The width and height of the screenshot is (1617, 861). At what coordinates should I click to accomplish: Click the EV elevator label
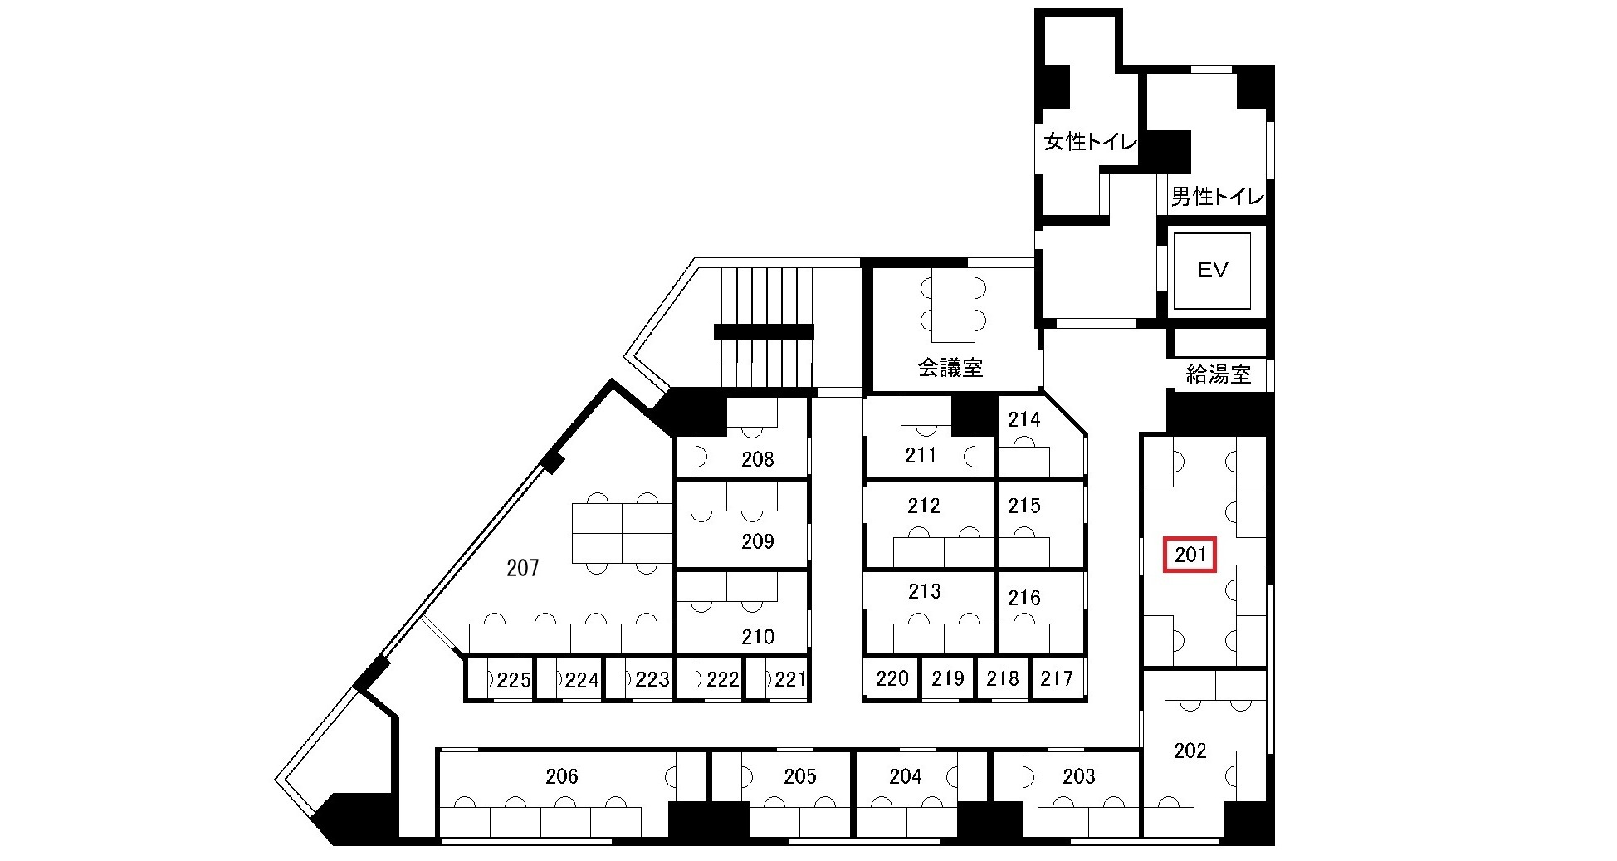point(1212,270)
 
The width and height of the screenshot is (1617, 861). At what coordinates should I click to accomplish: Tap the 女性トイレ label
point(1091,142)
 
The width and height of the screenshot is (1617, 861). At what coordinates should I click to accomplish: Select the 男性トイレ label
point(1218,197)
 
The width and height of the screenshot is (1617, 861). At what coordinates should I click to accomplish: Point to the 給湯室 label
point(1218,374)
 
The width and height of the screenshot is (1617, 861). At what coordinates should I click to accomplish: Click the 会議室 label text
point(950,368)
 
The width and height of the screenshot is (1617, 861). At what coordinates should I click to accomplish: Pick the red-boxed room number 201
point(1190,555)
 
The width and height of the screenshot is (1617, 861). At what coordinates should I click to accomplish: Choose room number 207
point(523,568)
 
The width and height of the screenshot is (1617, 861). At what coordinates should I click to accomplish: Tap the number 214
point(1024,420)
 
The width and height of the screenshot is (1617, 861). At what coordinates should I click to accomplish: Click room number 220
point(892,678)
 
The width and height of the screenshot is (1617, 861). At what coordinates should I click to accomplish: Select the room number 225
point(514,681)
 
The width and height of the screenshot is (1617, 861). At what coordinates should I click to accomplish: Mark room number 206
point(562,776)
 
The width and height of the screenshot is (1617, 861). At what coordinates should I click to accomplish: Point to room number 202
point(1190,751)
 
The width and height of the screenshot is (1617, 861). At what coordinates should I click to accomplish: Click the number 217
point(1057,678)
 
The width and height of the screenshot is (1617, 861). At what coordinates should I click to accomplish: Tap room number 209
point(758,541)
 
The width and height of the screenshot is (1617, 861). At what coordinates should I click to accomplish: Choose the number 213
point(924,591)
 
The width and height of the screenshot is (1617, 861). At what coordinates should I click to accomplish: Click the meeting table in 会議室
point(952,305)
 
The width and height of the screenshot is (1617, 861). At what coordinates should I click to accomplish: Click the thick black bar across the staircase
point(764,332)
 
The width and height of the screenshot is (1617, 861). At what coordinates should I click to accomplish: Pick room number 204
point(906,776)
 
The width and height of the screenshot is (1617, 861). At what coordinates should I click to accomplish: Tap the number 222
point(723,680)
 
